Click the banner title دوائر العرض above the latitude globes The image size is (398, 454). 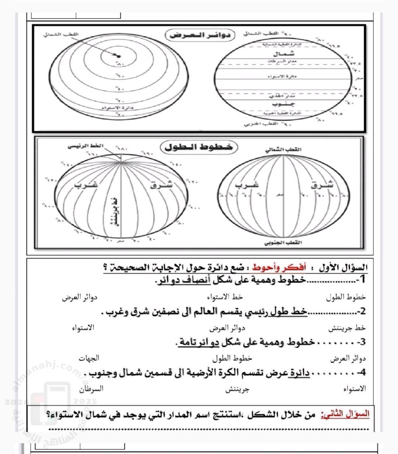200,36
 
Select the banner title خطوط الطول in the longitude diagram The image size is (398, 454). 199,147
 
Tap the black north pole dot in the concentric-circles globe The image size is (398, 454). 118,56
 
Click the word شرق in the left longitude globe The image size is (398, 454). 161,185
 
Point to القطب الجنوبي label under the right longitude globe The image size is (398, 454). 283,243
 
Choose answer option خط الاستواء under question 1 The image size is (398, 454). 225,297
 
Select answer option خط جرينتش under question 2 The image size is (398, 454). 348,327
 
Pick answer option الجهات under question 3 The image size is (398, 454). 89,358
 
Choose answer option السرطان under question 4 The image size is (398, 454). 91,389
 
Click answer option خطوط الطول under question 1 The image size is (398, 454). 346,297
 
